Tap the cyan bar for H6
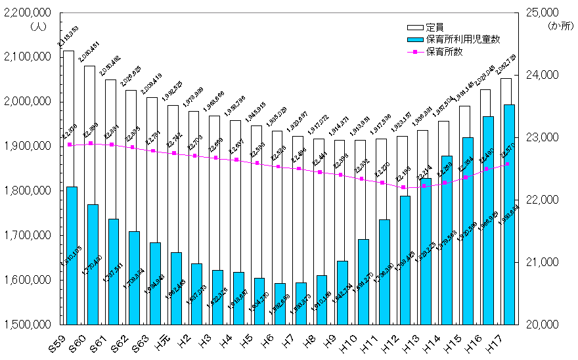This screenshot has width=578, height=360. pos(280,304)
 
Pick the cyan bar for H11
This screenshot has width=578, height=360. pos(384,271)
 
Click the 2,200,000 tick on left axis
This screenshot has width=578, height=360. pos(28,12)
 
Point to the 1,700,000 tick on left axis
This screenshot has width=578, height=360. pos(28,235)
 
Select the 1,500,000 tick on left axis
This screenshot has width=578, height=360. pos(28,325)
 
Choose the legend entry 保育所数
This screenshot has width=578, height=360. pos(444,51)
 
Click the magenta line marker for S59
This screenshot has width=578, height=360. pos(69,145)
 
